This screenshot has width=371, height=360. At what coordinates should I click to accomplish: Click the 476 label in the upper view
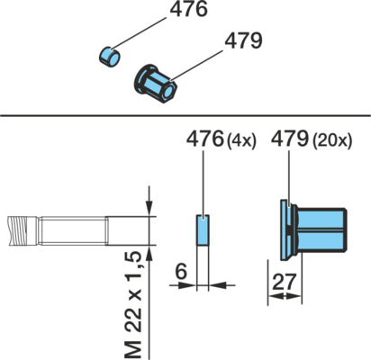pyautogui.click(x=188, y=9)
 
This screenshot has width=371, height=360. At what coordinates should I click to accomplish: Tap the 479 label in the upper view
pyautogui.click(x=243, y=40)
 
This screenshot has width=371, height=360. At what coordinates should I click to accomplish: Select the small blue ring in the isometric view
pyautogui.click(x=109, y=57)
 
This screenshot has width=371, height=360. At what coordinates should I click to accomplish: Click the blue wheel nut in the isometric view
pyautogui.click(x=155, y=84)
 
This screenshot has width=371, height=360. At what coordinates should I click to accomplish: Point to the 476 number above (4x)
pyautogui.click(x=205, y=139)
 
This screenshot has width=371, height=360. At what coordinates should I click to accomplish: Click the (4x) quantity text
pyautogui.click(x=241, y=140)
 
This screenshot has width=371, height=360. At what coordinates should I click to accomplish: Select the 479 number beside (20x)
pyautogui.click(x=290, y=139)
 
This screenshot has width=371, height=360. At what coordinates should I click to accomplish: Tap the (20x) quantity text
pyautogui.click(x=332, y=140)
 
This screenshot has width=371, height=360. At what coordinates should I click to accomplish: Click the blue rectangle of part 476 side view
pyautogui.click(x=203, y=230)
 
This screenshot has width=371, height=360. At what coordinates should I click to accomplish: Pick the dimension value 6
pyautogui.click(x=181, y=272)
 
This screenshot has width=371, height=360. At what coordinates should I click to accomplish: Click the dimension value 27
pyautogui.click(x=284, y=282)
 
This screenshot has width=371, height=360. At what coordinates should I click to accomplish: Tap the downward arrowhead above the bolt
pyautogui.click(x=149, y=208)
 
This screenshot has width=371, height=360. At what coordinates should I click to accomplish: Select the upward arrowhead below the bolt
pyautogui.click(x=149, y=253)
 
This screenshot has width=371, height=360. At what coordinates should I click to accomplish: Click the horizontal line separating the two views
pyautogui.click(x=185, y=115)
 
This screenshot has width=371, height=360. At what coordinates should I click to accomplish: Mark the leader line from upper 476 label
pyautogui.click(x=138, y=33)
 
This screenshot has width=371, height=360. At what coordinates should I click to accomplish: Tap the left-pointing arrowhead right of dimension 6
pyautogui.click(x=216, y=285)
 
